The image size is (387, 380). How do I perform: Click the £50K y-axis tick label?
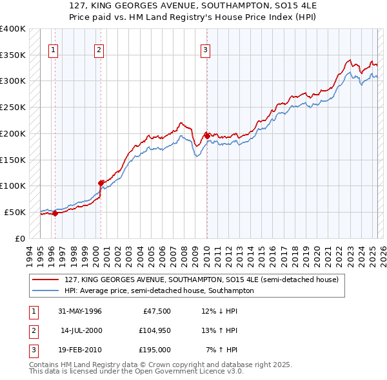(x=15, y=212)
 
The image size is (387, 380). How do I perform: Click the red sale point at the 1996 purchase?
(x=55, y=213)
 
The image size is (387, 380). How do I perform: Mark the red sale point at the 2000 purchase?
(x=101, y=183)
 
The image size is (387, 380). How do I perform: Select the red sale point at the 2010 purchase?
(x=206, y=136)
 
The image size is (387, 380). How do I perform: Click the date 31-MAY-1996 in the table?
(x=80, y=311)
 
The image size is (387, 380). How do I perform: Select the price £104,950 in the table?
(x=154, y=330)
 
